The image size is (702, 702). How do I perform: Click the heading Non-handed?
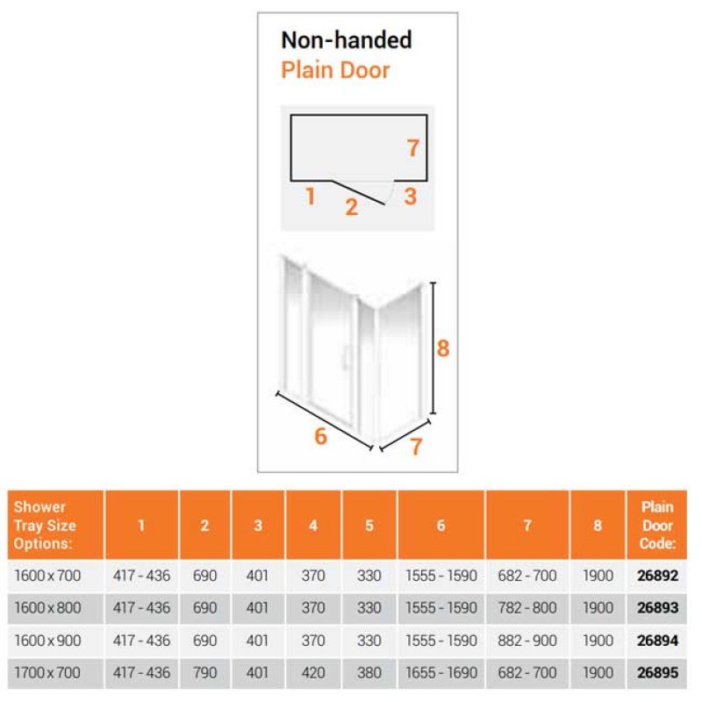click(x=346, y=39)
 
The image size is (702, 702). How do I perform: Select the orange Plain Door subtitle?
click(x=335, y=70)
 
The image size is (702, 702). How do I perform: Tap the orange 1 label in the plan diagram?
click(x=310, y=197)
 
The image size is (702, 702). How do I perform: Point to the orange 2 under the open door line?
click(x=352, y=207)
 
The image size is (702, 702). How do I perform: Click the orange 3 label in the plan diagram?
click(x=410, y=197)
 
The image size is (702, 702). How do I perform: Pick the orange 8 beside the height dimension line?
click(x=443, y=348)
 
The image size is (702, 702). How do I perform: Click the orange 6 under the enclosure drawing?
click(x=320, y=436)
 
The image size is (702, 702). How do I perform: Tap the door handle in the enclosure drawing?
click(x=345, y=357)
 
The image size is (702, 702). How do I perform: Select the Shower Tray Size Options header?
click(x=45, y=525)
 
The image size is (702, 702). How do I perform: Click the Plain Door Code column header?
click(x=657, y=525)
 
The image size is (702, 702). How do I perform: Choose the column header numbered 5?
click(x=369, y=525)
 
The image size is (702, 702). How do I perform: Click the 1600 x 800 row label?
click(x=47, y=608)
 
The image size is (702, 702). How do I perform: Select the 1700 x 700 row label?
click(x=47, y=672)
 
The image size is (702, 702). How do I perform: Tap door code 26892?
click(x=657, y=576)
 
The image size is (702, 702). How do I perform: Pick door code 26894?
click(x=657, y=641)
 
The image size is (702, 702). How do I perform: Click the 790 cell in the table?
click(x=204, y=672)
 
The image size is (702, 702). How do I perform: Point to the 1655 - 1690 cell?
click(x=441, y=672)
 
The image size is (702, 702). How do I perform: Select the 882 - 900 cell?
click(x=527, y=641)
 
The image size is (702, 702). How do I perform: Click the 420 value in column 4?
click(x=313, y=672)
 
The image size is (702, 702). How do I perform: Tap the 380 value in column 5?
click(x=369, y=672)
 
